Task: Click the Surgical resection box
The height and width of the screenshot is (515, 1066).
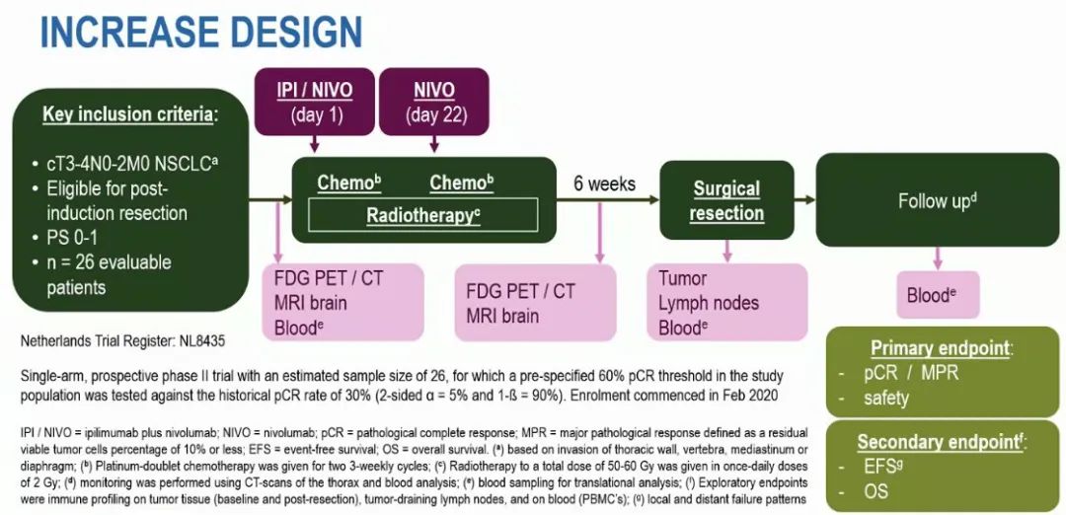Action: coord(726,200)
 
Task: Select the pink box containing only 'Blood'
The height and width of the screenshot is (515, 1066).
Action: coord(937,294)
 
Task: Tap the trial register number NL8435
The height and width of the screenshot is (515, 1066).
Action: coord(201,342)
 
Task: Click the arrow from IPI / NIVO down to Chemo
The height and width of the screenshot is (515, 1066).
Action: coord(313,144)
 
